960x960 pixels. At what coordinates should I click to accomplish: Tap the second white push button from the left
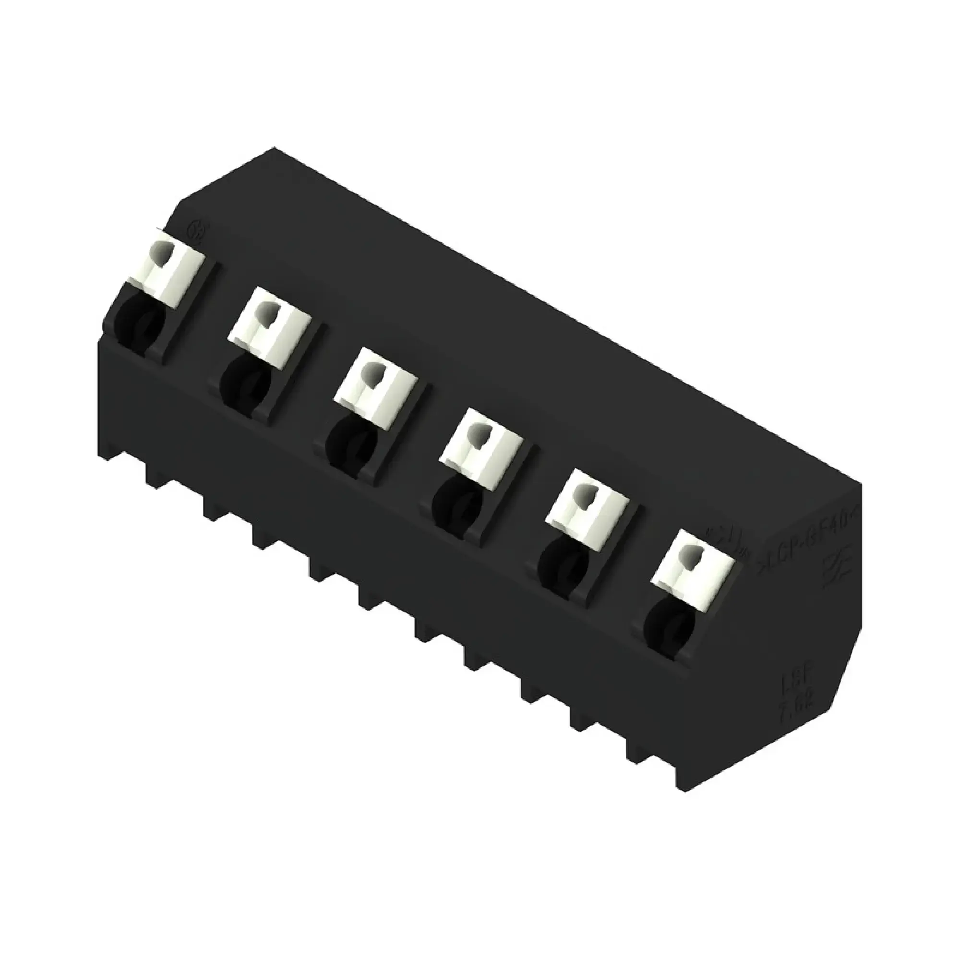pyautogui.click(x=271, y=325)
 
